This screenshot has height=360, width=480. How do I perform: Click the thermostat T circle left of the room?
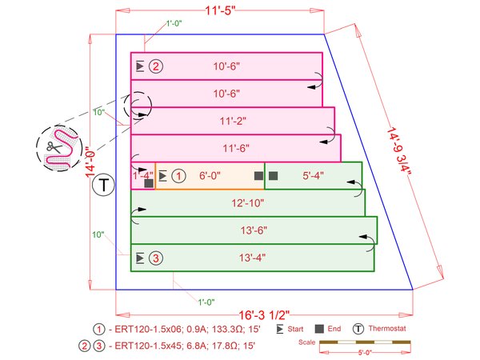pyautogui.click(x=102, y=187)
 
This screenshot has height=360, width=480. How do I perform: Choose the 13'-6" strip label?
pyautogui.click(x=253, y=230)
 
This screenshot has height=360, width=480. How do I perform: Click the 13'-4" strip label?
pyautogui.click(x=253, y=258)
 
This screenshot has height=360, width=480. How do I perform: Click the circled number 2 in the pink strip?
pyautogui.click(x=156, y=66)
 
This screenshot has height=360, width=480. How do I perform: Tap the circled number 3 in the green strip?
pyautogui.click(x=156, y=258)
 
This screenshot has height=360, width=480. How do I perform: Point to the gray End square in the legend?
pyautogui.click(x=320, y=329)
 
